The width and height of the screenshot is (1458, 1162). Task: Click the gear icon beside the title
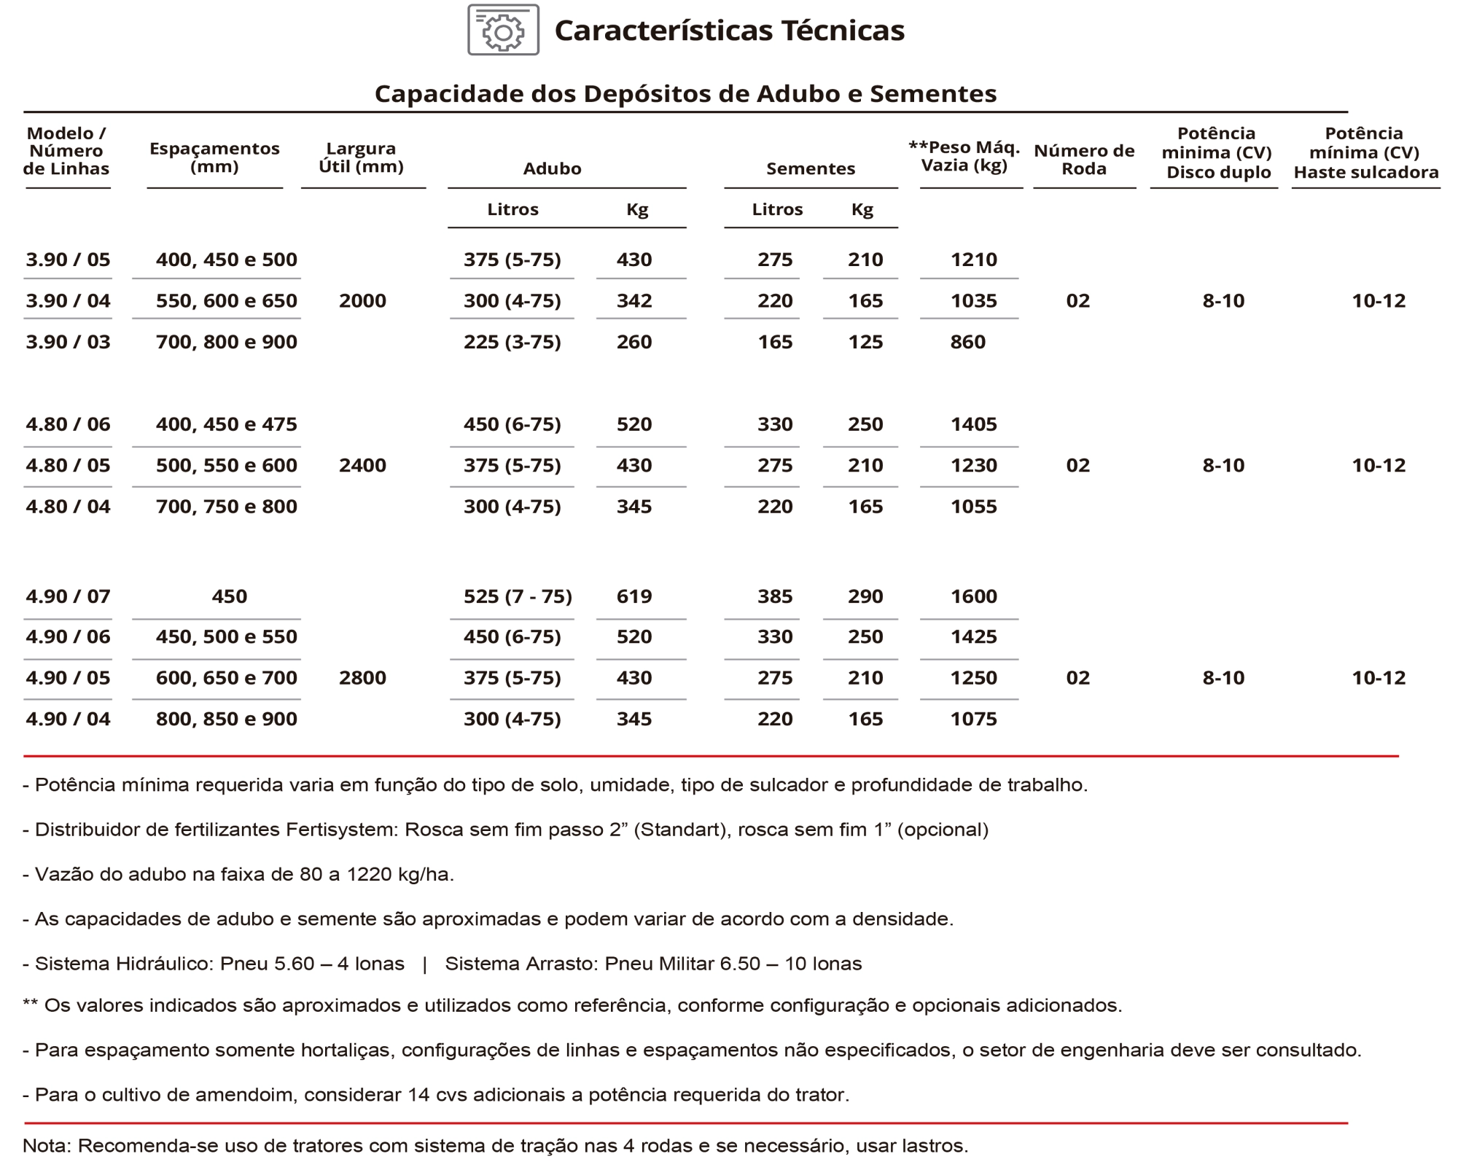(503, 30)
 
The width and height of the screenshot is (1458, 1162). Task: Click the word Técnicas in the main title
(843, 31)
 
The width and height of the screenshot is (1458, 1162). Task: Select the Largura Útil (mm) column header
(361, 157)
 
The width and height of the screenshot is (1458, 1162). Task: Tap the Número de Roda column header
(1084, 160)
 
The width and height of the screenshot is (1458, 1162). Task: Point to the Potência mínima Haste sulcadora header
(1365, 153)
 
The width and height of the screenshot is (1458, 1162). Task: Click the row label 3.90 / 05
(68, 260)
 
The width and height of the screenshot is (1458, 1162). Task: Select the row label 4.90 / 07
(68, 596)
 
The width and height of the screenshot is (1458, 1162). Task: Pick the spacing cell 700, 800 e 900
(226, 342)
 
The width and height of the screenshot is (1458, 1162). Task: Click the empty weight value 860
(967, 342)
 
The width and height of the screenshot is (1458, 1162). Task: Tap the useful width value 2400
(362, 465)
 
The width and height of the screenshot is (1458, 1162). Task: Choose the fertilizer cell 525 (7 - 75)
(518, 596)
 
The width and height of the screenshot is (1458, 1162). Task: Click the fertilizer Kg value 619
(634, 596)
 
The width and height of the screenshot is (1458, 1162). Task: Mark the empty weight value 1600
(973, 596)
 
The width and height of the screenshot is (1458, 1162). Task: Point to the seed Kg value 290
(865, 596)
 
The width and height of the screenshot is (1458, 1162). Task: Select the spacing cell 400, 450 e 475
(226, 424)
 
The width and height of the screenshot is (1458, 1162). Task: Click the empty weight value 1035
(973, 301)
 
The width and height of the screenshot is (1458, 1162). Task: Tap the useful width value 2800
(362, 678)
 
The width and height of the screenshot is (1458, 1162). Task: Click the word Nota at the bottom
(46, 1145)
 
